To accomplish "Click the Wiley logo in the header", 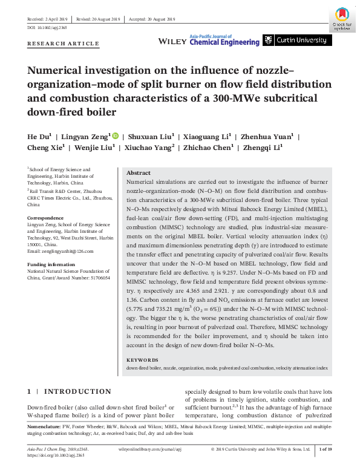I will [x=172, y=41].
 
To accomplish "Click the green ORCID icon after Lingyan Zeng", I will [x=115, y=137].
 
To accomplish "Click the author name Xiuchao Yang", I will [x=152, y=148].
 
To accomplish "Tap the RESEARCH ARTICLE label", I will [x=63, y=44].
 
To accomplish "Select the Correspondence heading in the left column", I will [x=45, y=215].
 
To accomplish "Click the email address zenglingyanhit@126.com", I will [x=60, y=250].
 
